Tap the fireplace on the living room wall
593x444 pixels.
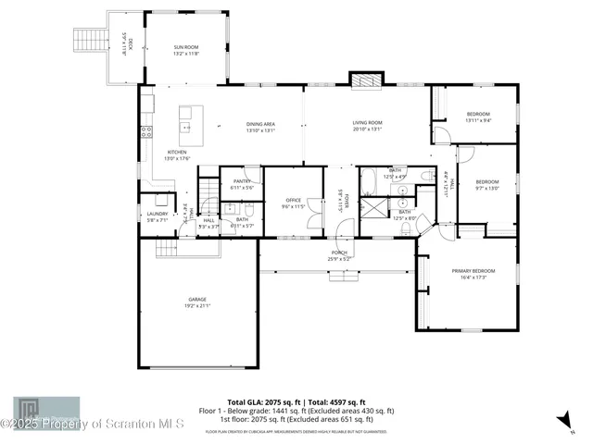point(364,80)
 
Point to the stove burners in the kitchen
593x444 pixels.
point(145,131)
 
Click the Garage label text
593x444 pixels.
point(196,300)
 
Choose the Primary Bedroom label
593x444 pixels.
point(473,270)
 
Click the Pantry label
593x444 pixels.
point(242,181)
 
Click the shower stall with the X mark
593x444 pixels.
point(372,206)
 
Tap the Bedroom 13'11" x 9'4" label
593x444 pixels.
point(478,114)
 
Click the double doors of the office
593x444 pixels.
point(315,223)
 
